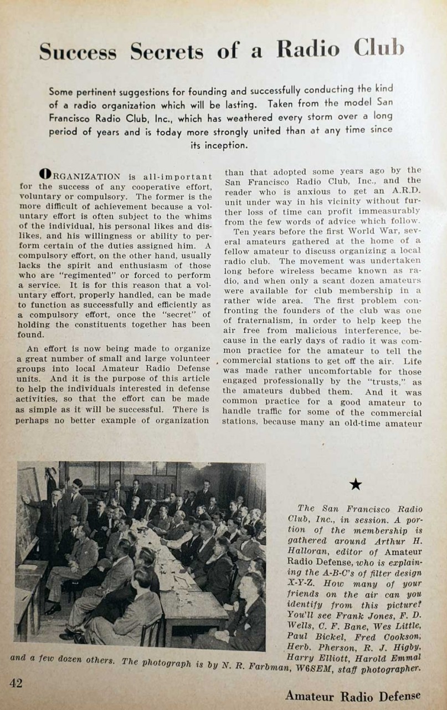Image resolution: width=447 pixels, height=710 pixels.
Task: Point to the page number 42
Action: coord(16,683)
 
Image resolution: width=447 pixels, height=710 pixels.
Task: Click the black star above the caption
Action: coord(356,485)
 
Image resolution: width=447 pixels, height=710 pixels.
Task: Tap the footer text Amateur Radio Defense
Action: coord(353,696)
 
